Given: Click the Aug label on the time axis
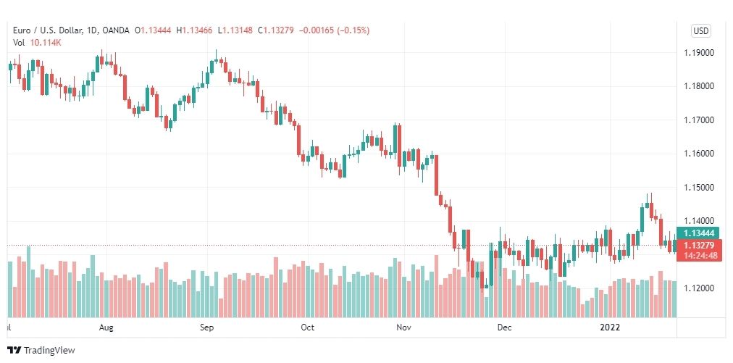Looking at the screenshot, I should click(x=106, y=327).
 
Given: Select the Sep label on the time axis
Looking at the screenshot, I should click(x=206, y=327).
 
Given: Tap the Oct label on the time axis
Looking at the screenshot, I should click(x=307, y=327).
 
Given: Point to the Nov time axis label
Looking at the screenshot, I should click(x=404, y=327).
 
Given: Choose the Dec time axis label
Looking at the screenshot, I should click(x=505, y=327).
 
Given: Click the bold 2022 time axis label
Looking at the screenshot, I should click(x=611, y=327).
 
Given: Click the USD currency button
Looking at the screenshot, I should click(x=700, y=30).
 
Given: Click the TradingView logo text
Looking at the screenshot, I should click(x=50, y=351).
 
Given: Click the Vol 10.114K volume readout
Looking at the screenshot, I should click(x=37, y=42).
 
